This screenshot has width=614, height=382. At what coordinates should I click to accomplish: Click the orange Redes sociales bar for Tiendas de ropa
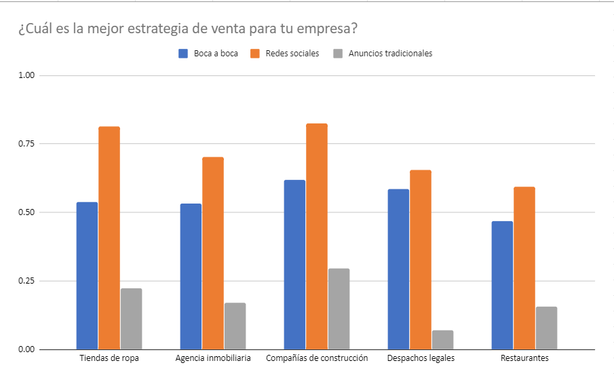[109, 237]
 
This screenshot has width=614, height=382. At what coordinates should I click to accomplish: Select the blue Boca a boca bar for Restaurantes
[502, 285]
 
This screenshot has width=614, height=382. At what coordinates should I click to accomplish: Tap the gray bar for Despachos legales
[442, 340]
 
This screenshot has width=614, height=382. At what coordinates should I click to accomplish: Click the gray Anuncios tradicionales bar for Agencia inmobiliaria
[235, 326]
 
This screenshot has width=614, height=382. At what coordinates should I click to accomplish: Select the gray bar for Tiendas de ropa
[131, 319]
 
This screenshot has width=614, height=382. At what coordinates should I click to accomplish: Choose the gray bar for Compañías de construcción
[339, 309]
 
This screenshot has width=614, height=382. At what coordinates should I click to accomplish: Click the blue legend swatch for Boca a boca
[183, 54]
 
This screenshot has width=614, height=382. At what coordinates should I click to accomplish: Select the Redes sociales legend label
[292, 54]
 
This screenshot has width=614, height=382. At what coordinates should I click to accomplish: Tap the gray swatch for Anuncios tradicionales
[338, 54]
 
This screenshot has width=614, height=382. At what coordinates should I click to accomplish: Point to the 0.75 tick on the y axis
[27, 144]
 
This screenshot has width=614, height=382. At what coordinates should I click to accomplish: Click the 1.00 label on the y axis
[27, 75]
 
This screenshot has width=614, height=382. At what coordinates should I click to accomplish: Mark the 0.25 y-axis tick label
[27, 281]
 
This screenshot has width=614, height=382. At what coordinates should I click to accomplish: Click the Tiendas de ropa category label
[109, 358]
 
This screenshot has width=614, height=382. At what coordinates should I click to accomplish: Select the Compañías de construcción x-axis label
[317, 358]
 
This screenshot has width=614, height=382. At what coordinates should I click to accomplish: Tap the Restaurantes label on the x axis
[524, 358]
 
